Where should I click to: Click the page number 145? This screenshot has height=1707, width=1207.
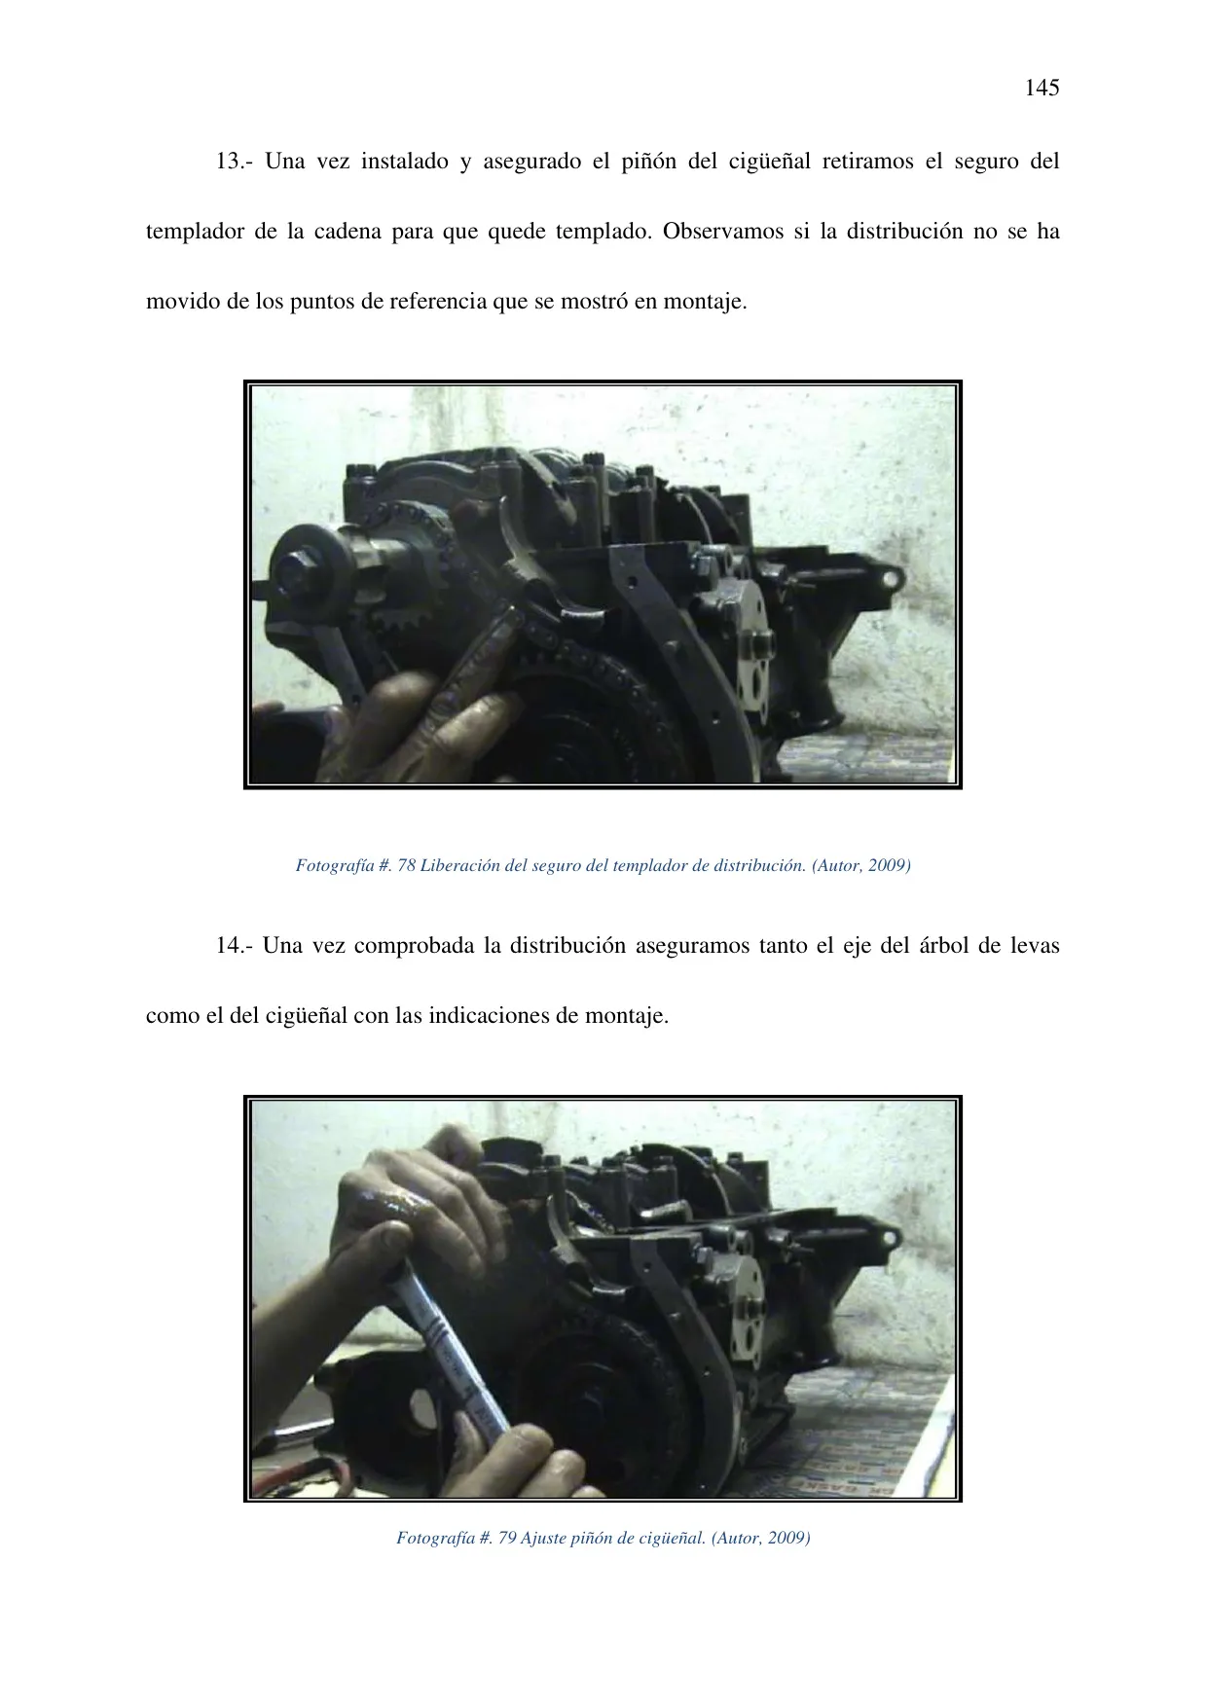click(x=1042, y=88)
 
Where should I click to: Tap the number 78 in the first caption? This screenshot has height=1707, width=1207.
click(x=407, y=865)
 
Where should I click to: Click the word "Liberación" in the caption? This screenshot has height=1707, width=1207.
click(x=457, y=865)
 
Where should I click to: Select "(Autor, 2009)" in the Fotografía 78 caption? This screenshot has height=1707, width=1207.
click(x=861, y=865)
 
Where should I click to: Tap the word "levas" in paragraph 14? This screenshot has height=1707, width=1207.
click(x=1034, y=946)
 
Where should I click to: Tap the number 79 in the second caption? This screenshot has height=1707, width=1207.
click(x=507, y=1539)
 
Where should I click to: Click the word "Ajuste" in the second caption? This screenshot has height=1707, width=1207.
click(x=542, y=1539)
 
